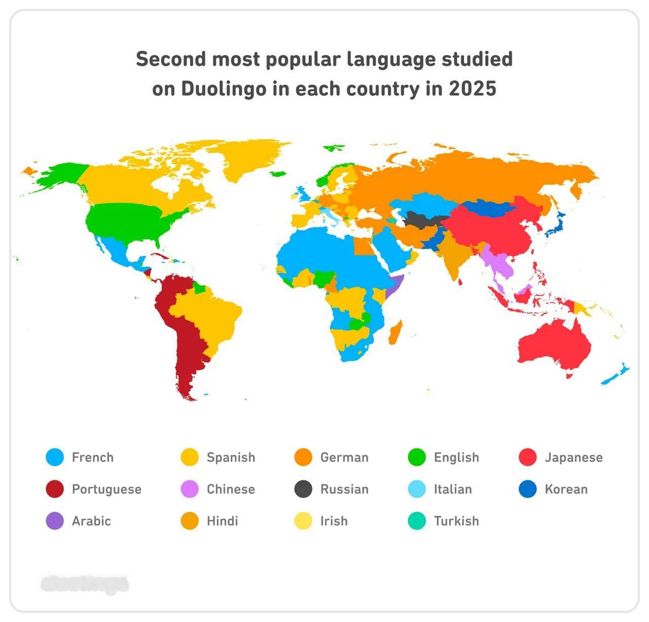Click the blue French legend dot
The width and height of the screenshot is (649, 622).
(x=55, y=457)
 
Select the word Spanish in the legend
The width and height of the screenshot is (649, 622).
(x=231, y=457)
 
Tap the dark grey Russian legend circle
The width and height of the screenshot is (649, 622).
(x=303, y=489)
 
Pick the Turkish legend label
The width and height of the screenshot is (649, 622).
(x=456, y=521)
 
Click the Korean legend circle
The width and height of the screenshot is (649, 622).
(x=528, y=489)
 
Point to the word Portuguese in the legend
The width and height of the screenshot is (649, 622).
(x=106, y=489)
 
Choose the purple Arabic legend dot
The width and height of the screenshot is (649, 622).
(x=55, y=521)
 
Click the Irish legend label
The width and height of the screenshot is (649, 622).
(x=334, y=521)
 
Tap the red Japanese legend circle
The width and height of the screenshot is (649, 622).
(x=528, y=457)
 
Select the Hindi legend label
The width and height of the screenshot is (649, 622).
(x=222, y=521)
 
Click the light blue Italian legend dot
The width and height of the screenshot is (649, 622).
(x=417, y=489)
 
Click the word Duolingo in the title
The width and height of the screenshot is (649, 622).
(x=224, y=89)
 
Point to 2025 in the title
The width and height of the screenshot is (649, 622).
(x=472, y=89)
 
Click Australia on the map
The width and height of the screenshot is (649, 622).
(x=555, y=344)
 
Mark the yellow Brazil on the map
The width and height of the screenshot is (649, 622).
(x=213, y=314)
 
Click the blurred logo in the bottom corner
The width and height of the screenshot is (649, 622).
(x=85, y=584)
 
